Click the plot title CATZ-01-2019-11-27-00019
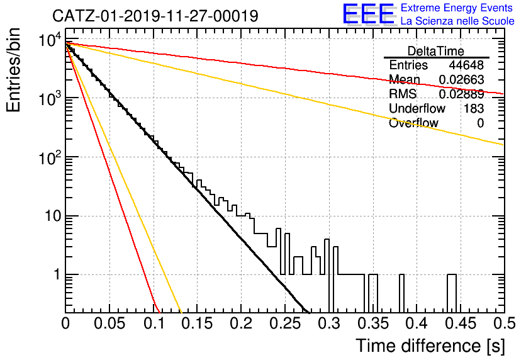155,16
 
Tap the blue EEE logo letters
369,14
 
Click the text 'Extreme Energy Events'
457,8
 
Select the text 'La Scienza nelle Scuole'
457,21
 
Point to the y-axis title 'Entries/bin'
13,70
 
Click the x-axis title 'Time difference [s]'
430,346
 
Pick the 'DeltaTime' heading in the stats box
436,51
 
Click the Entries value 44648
466,65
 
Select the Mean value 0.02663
462,79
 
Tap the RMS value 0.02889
462,94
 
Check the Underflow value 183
474,108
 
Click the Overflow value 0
480,123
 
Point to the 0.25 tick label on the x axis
285,323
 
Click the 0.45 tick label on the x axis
461,323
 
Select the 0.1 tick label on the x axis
154,323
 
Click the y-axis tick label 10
53,216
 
